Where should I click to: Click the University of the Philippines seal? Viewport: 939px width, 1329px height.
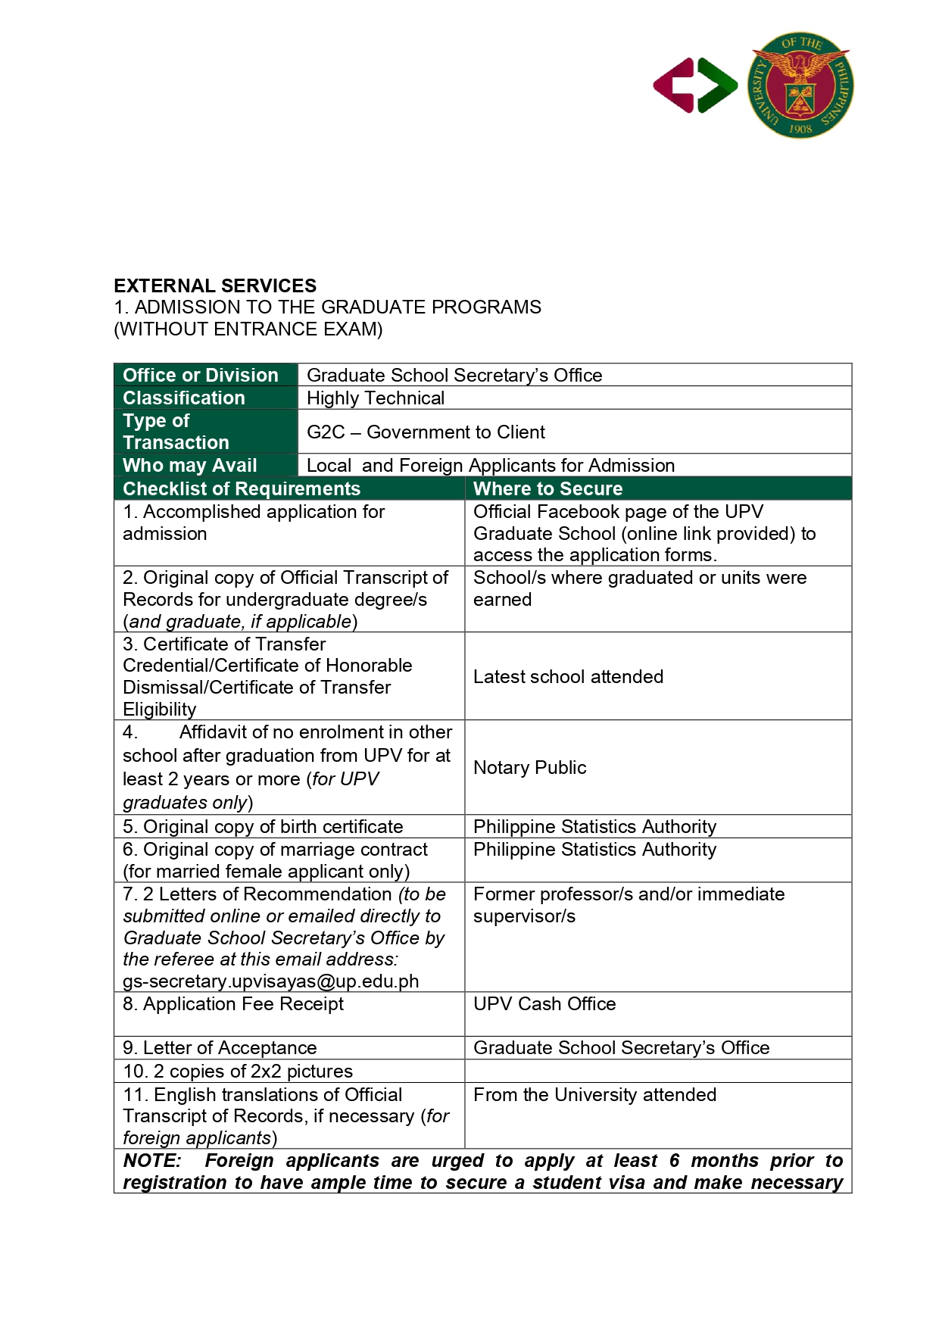[800, 85]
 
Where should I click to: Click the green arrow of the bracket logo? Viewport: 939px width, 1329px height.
[717, 86]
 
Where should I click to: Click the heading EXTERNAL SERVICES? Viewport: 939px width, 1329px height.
[215, 285]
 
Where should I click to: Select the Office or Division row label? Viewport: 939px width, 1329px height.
[201, 375]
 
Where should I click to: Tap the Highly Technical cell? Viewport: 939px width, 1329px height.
[376, 398]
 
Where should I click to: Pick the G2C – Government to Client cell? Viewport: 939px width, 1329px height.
[426, 432]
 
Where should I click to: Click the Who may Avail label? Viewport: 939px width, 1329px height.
[190, 465]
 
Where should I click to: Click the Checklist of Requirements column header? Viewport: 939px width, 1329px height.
[242, 488]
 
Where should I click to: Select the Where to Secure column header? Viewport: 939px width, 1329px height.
[547, 488]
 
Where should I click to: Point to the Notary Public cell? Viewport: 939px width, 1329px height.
[529, 768]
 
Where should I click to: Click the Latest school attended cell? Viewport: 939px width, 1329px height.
[568, 677]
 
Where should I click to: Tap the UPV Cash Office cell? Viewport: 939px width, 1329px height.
[544, 1004]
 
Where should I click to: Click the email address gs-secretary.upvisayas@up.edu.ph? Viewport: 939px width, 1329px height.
[270, 981]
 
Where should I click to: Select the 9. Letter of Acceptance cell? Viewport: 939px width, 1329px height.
[220, 1048]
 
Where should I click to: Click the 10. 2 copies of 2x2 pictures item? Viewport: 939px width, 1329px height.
[238, 1072]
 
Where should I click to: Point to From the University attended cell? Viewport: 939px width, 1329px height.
[594, 1095]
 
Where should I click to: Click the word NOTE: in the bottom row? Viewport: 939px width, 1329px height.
[152, 1161]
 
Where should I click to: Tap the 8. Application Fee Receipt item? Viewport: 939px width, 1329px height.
[233, 1004]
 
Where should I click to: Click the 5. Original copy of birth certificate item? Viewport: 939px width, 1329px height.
[263, 827]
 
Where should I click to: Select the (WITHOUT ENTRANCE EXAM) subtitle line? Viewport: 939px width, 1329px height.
[248, 329]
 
